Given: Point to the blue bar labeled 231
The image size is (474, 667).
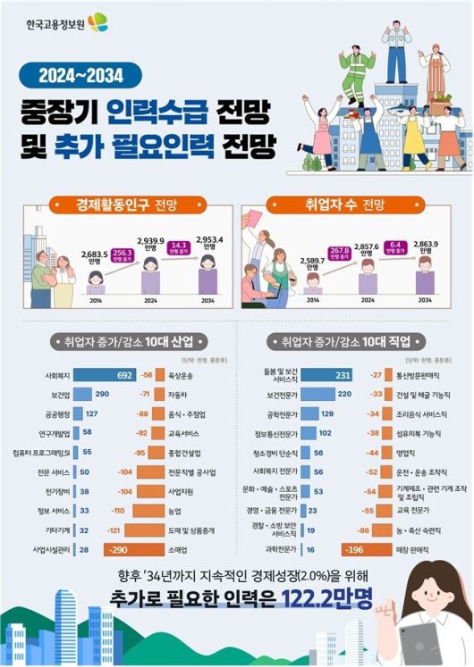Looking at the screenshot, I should pyautogui.click(x=318, y=375).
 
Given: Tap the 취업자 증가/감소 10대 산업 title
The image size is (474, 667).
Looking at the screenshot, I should pyautogui.click(x=131, y=340).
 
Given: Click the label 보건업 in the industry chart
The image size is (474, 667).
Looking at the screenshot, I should pyautogui.click(x=59, y=394).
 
